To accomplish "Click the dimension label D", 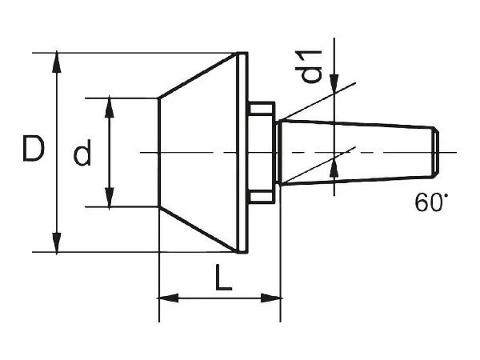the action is [34, 149].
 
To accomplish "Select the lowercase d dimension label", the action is [82, 153].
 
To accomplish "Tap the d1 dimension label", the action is [309, 66].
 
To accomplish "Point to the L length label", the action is [223, 278].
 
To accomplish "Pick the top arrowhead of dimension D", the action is [57, 62].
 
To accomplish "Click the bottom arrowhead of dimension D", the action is [57, 242].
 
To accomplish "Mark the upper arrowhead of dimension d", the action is [110, 108].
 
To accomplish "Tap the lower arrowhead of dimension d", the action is [110, 197].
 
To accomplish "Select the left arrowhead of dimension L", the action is [169, 298].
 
